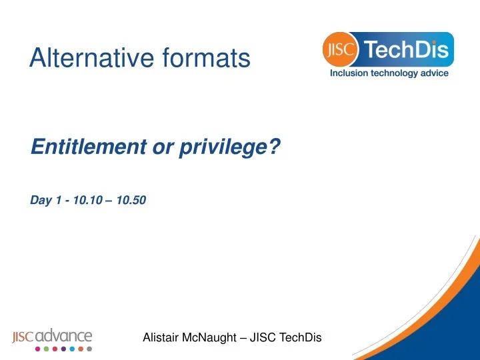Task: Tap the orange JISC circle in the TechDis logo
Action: tap(341, 50)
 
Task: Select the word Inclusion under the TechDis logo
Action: tap(352, 73)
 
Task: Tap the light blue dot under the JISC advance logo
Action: tap(72, 349)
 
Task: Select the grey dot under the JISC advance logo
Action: tap(89, 349)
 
